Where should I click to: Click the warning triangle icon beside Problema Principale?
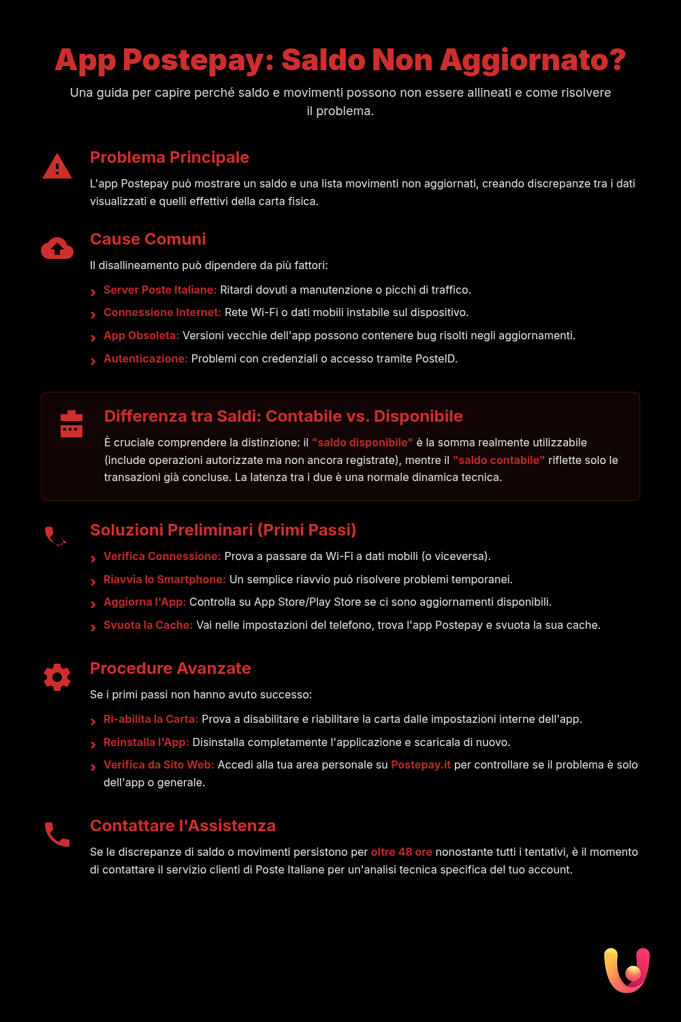tap(57, 166)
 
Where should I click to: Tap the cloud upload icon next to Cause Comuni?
tap(57, 249)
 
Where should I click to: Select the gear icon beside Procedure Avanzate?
tap(57, 677)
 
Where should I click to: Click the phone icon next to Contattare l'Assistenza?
tap(57, 835)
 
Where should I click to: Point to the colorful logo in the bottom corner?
tap(627, 970)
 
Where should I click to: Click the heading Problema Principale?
tap(170, 157)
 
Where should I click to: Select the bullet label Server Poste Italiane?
tap(160, 290)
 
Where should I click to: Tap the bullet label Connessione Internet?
tap(162, 312)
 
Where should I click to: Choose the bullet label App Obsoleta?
tap(141, 335)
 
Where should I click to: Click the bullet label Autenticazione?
tap(145, 358)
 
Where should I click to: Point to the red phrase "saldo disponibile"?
tap(362, 442)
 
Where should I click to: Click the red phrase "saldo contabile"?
tap(498, 460)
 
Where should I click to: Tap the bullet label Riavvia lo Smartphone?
tap(164, 579)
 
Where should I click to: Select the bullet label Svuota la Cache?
tap(148, 625)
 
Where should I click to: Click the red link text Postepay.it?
tap(420, 764)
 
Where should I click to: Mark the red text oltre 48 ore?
tap(401, 852)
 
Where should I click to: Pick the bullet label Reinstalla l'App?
tap(146, 742)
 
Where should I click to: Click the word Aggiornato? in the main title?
tap(533, 60)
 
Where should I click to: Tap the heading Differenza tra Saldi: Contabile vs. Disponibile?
tap(283, 416)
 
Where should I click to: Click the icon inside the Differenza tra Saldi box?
tap(72, 424)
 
